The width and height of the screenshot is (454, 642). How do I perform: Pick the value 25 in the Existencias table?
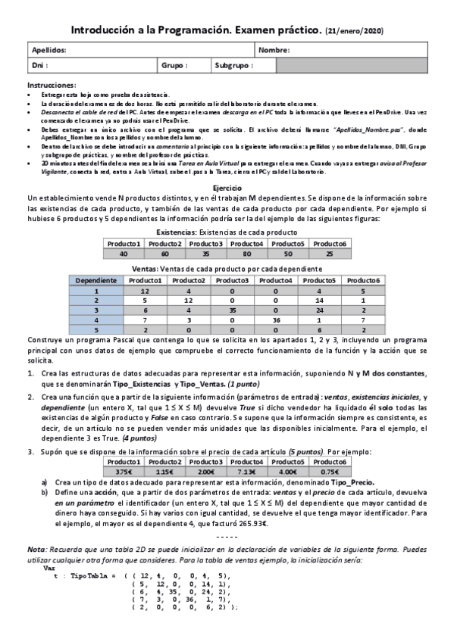pyautogui.click(x=329, y=254)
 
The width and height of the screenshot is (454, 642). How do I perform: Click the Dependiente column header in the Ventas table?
pyautogui.click(x=95, y=280)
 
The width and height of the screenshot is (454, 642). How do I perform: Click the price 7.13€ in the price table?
pyautogui.click(x=246, y=472)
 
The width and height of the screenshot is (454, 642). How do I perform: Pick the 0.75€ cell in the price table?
pyautogui.click(x=329, y=472)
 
